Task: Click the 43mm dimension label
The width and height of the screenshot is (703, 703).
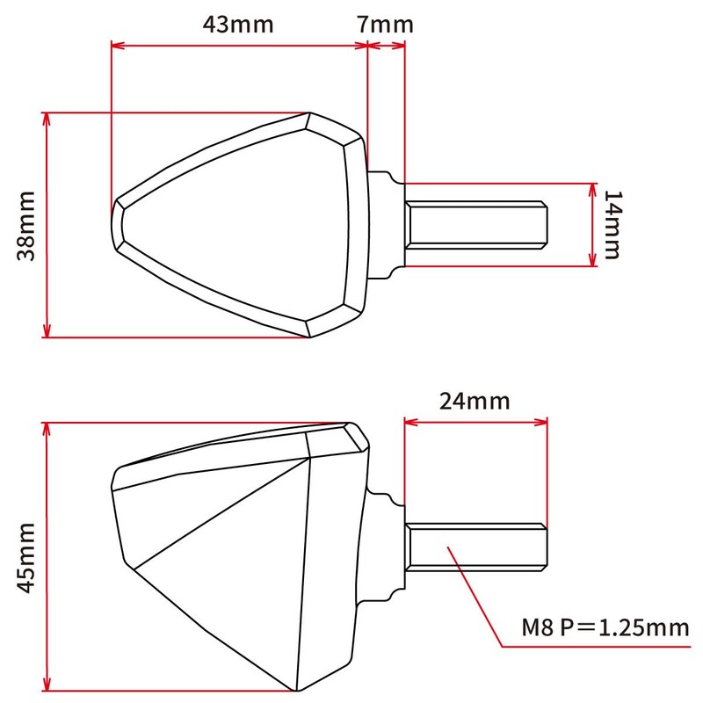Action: [238, 24]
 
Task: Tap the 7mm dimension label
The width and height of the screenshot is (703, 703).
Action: [385, 24]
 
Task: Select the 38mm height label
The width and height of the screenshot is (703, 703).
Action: [26, 225]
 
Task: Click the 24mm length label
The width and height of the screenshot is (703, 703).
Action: [475, 402]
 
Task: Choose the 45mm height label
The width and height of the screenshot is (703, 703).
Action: [26, 555]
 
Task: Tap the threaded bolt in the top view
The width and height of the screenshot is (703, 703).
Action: [476, 224]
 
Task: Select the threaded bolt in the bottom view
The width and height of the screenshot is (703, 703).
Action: [476, 556]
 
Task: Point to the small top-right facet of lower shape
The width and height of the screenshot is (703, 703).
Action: [356, 437]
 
